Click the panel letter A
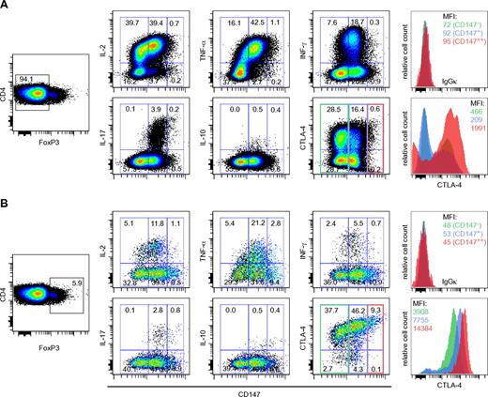[x=7, y=8]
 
